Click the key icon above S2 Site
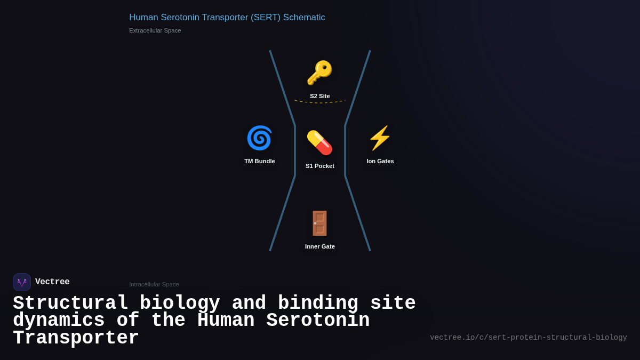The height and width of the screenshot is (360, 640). tap(319, 73)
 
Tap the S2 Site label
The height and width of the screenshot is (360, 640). tap(320, 96)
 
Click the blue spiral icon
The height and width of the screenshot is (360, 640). tap(259, 138)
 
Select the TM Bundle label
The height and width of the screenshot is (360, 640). tap(260, 161)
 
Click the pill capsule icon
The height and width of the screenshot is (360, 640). tap(319, 143)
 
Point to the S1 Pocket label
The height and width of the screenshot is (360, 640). tap(320, 166)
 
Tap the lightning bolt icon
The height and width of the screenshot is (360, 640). tap(380, 138)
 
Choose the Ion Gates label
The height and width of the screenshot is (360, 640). tap(380, 161)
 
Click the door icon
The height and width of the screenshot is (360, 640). tap(319, 223)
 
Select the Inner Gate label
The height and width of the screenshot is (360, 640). tap(320, 246)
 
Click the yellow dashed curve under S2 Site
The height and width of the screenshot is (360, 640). tap(320, 102)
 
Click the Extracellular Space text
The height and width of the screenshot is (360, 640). tap(155, 30)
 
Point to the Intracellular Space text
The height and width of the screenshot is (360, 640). tap(154, 284)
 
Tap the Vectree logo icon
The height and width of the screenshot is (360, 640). tap(22, 282)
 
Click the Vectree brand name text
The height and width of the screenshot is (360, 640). tap(52, 282)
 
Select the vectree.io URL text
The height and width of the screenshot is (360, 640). tap(529, 338)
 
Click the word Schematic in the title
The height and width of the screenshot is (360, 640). tap(304, 18)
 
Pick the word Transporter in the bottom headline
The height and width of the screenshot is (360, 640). tap(76, 338)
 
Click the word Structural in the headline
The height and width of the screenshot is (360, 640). tap(70, 303)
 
